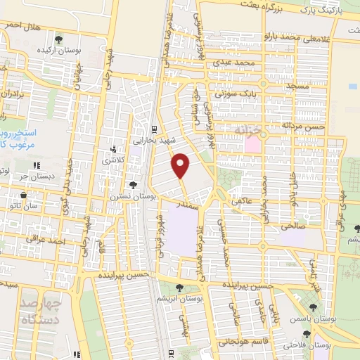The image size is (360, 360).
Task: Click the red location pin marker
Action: click(x=181, y=165)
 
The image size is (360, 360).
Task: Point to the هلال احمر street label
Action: click(x=19, y=24)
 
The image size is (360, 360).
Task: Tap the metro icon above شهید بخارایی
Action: click(x=153, y=128)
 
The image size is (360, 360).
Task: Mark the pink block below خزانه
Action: click(x=252, y=144)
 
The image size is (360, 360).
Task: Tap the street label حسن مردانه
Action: click(x=304, y=124)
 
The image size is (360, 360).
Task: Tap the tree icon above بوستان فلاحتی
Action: click(x=299, y=333)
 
